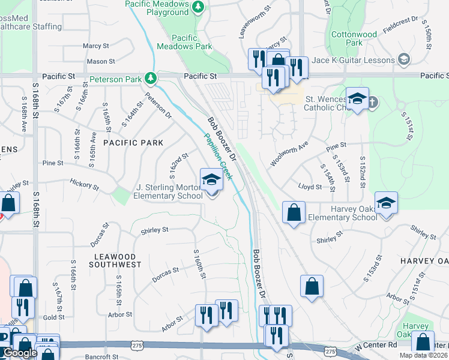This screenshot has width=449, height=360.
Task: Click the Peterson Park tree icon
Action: coord(150,78)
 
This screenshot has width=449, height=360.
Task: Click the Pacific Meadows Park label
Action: coord(184,41)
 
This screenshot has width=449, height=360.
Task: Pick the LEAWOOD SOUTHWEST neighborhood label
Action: coord(118,260)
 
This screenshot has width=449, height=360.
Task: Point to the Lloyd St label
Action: coord(310,187)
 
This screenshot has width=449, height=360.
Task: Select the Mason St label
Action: coord(100,61)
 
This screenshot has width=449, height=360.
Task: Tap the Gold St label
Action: coord(53,317)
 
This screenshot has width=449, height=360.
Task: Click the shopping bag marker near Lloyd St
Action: coord(294,213)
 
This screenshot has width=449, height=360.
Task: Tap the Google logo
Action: coord(20,353)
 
